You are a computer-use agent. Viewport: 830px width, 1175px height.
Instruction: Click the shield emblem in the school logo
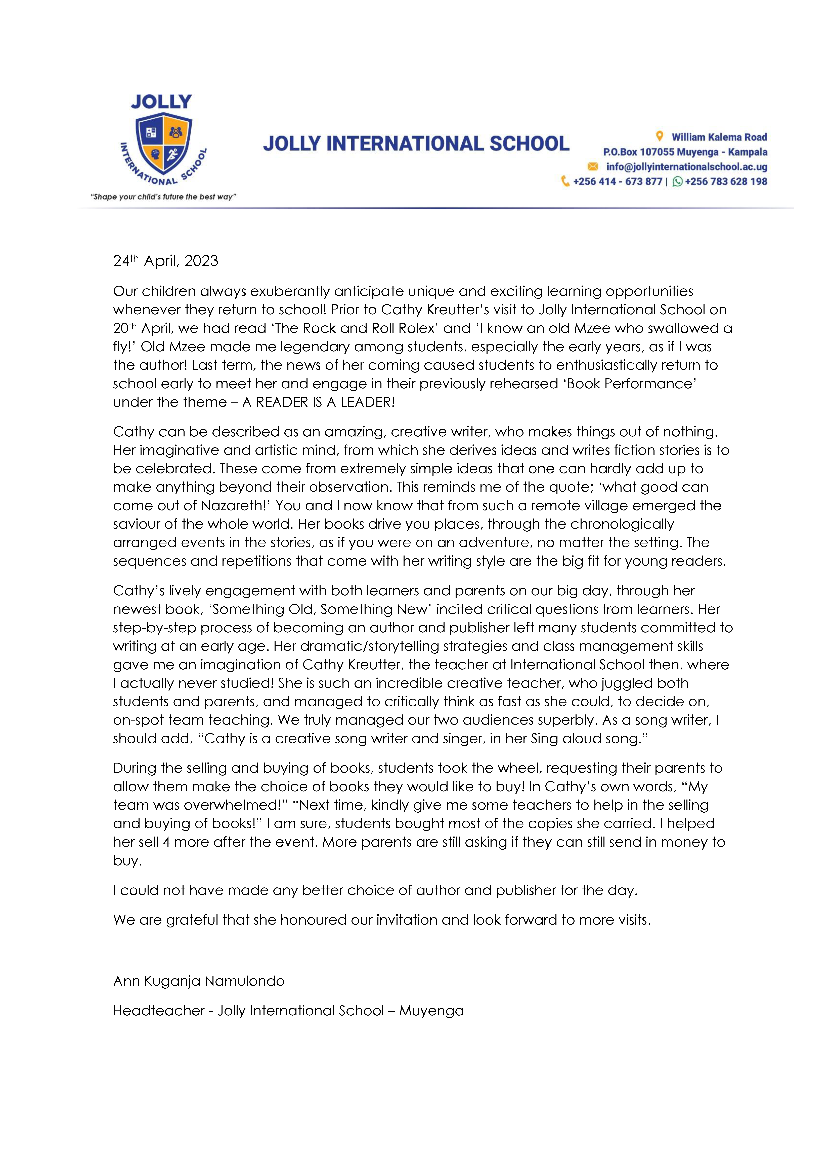pyautogui.click(x=164, y=144)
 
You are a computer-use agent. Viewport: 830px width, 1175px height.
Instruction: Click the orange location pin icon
pyautogui.click(x=660, y=136)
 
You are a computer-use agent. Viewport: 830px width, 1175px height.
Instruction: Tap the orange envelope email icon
pyautogui.click(x=593, y=166)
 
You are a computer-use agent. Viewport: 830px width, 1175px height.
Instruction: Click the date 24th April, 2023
pyautogui.click(x=165, y=261)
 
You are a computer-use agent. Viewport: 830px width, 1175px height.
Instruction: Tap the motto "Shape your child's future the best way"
pyautogui.click(x=163, y=197)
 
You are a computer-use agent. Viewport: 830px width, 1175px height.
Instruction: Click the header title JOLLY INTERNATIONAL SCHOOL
pyautogui.click(x=416, y=144)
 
